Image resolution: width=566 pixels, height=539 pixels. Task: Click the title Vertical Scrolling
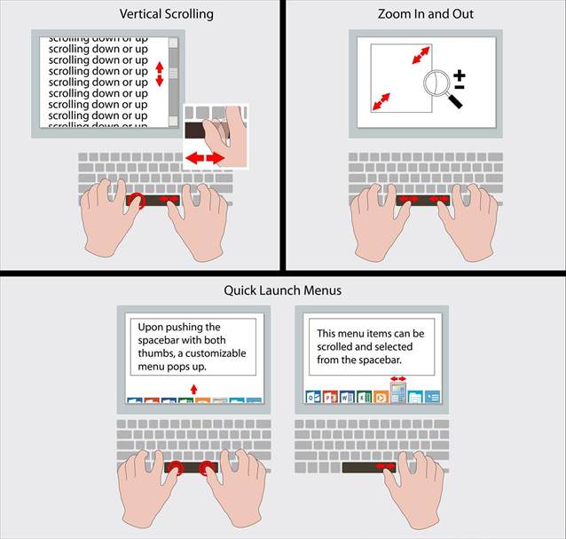(x=167, y=14)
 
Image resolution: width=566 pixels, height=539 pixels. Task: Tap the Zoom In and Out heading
(x=426, y=14)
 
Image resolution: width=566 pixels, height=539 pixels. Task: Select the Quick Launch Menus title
(x=283, y=290)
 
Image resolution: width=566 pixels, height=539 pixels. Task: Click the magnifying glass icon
(x=443, y=89)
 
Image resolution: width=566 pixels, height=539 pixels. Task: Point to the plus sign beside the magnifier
(x=460, y=75)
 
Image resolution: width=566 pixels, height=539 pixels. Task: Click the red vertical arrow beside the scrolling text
(x=160, y=74)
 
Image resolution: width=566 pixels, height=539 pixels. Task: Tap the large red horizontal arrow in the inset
(x=205, y=158)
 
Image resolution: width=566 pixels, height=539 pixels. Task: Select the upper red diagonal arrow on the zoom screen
(x=421, y=55)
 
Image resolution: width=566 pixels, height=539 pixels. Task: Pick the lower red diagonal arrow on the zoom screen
(x=381, y=101)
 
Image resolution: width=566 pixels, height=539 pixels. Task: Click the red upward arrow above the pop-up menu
(x=193, y=389)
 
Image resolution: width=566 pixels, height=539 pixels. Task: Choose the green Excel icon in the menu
(x=364, y=397)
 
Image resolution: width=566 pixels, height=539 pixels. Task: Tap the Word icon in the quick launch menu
(x=347, y=397)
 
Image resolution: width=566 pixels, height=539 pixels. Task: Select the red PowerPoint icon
(x=330, y=397)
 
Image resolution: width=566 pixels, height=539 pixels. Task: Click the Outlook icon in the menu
(x=313, y=397)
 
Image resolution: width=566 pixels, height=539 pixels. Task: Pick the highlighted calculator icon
(x=398, y=392)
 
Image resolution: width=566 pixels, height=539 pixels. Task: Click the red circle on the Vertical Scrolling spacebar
(x=137, y=202)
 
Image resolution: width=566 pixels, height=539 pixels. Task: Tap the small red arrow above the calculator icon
(x=398, y=378)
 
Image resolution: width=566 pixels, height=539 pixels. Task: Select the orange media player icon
(x=381, y=397)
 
